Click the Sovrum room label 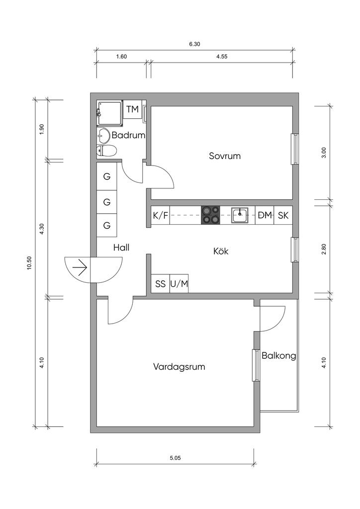coord(225,156)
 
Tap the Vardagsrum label coord(179,367)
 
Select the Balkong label coord(279,356)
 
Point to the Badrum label coord(128,135)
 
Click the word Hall coord(121,248)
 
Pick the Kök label coord(221,251)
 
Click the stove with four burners coord(210,215)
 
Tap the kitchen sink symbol coord(240,215)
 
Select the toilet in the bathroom coord(106,151)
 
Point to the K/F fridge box coord(161,215)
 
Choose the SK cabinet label coord(283,215)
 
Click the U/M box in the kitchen coord(179,284)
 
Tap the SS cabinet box coord(161,284)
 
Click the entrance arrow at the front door coord(80,267)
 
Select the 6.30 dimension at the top coord(194,44)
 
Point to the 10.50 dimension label coord(29,263)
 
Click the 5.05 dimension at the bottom coord(175,458)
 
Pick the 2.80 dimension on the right coord(324,249)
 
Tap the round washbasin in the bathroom coord(103,135)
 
